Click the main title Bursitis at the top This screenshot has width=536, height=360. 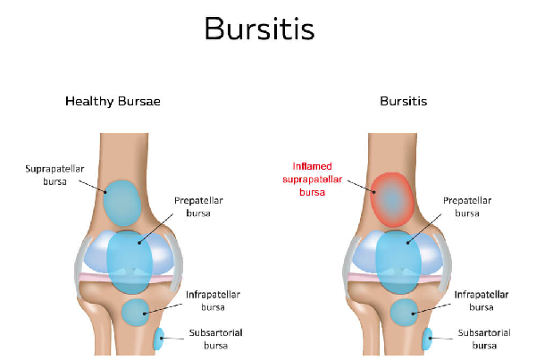(x=259, y=29)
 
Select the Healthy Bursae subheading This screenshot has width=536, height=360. (x=113, y=101)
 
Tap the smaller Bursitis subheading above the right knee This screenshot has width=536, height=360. (x=404, y=101)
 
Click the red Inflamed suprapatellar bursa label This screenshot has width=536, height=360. (x=312, y=180)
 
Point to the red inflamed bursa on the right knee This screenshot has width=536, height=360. (x=392, y=200)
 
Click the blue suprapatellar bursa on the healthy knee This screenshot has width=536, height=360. (x=122, y=203)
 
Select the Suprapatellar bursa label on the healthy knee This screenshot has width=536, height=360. (x=54, y=175)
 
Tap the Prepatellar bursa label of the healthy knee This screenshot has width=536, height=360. (x=198, y=206)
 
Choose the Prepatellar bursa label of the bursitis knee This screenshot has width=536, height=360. (x=467, y=206)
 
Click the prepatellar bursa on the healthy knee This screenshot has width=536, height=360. (x=130, y=263)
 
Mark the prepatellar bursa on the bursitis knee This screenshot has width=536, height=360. (x=398, y=263)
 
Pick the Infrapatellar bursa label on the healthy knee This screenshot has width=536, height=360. (x=213, y=301)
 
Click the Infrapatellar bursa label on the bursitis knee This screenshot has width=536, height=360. (x=482, y=301)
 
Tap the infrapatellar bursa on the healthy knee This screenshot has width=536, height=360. (x=136, y=312)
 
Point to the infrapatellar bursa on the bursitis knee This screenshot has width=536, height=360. (x=404, y=312)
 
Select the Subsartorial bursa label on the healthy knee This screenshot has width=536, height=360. (x=215, y=339)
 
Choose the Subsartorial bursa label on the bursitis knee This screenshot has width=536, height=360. (x=484, y=339)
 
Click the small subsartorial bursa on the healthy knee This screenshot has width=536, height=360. (x=159, y=339)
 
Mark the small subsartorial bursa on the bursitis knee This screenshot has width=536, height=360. (x=427, y=339)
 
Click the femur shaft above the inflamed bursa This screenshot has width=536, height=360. (x=392, y=152)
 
